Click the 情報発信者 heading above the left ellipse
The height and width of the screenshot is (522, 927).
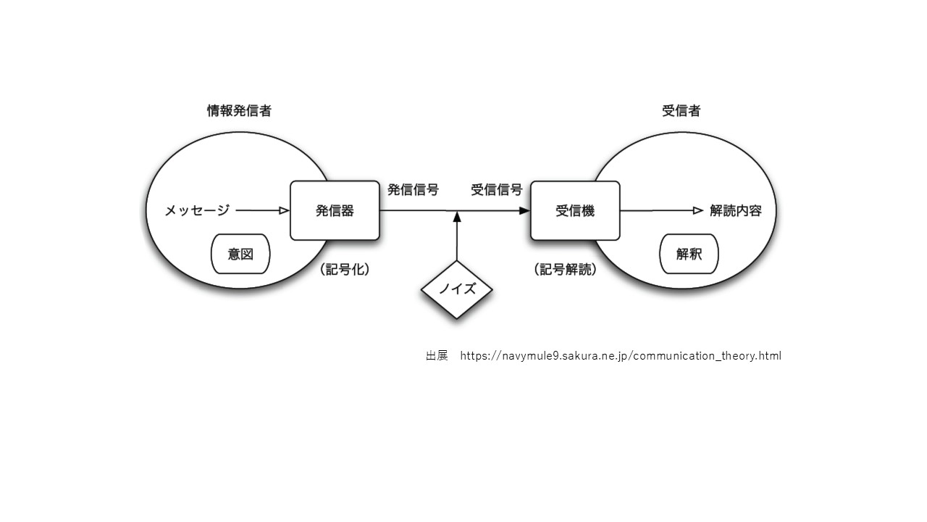click(x=239, y=111)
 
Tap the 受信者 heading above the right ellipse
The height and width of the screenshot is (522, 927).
click(x=681, y=111)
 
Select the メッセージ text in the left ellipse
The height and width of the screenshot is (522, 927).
click(x=197, y=210)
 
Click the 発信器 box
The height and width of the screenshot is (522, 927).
click(x=335, y=210)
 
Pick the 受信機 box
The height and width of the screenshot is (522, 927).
click(x=575, y=210)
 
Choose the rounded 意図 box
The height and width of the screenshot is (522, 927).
click(x=240, y=254)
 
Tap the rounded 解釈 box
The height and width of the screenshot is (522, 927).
click(x=689, y=254)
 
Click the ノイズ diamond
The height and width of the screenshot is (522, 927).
click(x=457, y=289)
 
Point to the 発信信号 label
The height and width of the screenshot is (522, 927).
click(x=413, y=190)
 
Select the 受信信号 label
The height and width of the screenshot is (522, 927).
click(x=497, y=190)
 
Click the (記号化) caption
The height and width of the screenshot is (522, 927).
click(x=345, y=270)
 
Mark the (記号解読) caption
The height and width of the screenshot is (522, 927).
click(x=566, y=270)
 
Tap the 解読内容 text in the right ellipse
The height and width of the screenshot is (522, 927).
click(x=736, y=210)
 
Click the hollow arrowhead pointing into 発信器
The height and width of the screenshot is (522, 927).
click(x=285, y=210)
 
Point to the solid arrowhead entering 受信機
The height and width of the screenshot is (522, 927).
click(x=525, y=210)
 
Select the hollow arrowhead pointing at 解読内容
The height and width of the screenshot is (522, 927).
click(x=698, y=210)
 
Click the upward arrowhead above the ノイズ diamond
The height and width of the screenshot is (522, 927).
click(x=457, y=217)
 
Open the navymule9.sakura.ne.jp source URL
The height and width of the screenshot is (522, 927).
click(x=621, y=356)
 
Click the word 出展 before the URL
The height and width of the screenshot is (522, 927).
click(x=437, y=356)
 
